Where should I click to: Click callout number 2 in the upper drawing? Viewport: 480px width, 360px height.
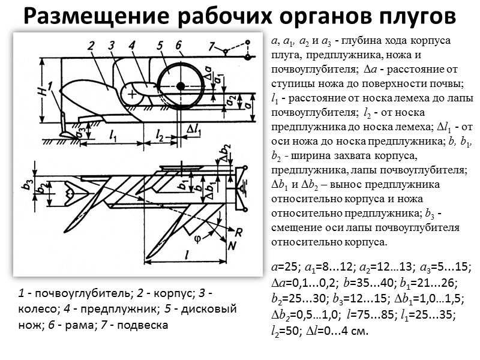(x=91, y=46)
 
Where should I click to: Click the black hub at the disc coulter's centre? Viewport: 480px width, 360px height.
(x=181, y=86)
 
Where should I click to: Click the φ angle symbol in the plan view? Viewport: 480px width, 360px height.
(x=198, y=236)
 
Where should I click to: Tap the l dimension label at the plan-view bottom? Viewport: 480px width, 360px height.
(x=188, y=255)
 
